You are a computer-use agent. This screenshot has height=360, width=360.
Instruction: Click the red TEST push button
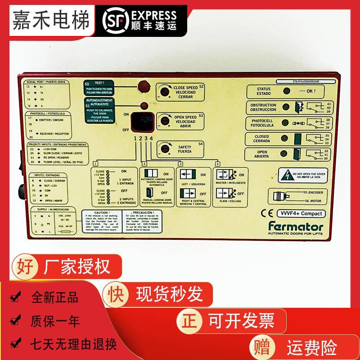(x=143, y=85)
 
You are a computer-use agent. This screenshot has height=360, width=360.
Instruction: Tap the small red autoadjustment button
(x=144, y=106)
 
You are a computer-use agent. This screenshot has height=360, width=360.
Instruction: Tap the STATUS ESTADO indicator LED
(x=286, y=91)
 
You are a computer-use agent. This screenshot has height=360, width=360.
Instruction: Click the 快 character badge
(x=114, y=294)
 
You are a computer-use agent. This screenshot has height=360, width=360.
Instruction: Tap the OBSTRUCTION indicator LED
(x=286, y=108)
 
